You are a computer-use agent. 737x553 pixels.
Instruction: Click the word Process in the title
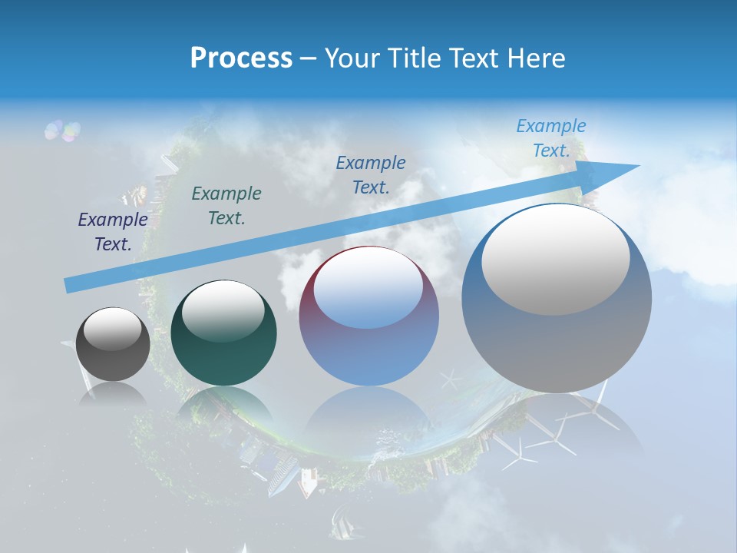241,58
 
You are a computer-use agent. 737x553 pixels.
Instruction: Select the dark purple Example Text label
113,232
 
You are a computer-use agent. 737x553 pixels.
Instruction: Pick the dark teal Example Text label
226,206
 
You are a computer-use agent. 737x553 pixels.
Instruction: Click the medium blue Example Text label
371,174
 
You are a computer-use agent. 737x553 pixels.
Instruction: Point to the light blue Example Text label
551,138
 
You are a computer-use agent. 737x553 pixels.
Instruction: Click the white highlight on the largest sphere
555,257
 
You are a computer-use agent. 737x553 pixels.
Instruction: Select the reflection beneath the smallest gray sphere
113,396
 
